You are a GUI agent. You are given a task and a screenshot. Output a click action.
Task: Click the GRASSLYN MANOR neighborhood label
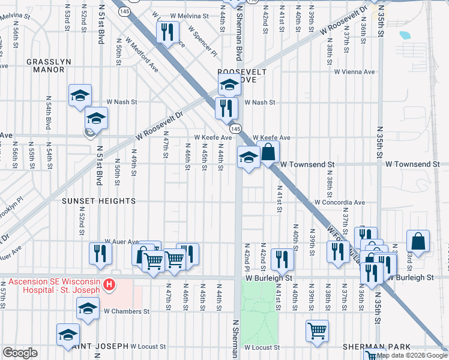46,65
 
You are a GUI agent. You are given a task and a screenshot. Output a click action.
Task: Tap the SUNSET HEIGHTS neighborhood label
99,202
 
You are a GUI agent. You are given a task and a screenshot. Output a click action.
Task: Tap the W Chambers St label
126,311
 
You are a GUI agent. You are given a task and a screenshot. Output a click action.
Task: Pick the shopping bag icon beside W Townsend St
268,152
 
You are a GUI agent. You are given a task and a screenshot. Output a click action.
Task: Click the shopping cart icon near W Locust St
316,331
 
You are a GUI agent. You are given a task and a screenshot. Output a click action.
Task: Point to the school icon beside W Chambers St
88,309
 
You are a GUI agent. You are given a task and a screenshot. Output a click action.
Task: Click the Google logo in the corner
20,353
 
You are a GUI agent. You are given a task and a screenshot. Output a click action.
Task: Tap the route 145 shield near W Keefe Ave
235,129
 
